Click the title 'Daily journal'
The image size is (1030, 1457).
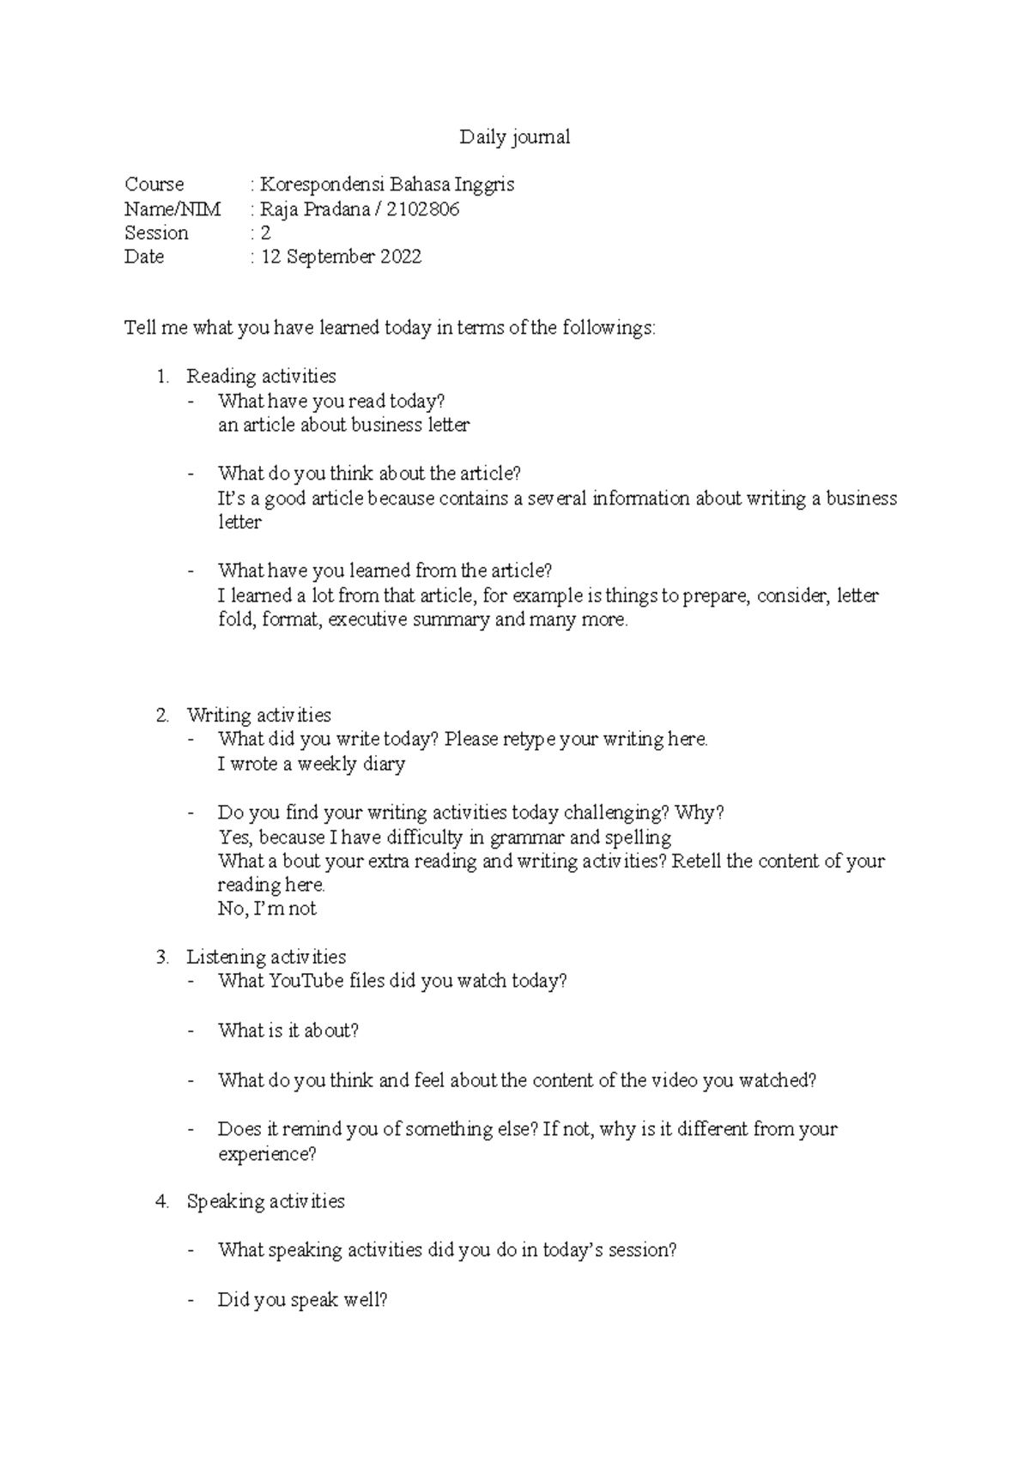pyautogui.click(x=514, y=137)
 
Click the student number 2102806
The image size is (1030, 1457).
pyautogui.click(x=423, y=209)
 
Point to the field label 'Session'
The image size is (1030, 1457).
pyautogui.click(x=156, y=233)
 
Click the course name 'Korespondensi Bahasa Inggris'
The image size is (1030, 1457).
pyautogui.click(x=387, y=184)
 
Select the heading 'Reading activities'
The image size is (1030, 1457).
pyautogui.click(x=261, y=377)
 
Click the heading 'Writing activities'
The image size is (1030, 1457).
pyautogui.click(x=258, y=716)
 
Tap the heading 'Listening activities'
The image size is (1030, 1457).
pyautogui.click(x=266, y=958)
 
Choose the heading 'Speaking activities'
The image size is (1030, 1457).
pyautogui.click(x=265, y=1202)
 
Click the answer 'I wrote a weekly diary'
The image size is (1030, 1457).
pyautogui.click(x=311, y=765)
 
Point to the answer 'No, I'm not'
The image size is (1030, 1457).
pyautogui.click(x=267, y=910)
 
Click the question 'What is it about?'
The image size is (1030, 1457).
pyautogui.click(x=288, y=1031)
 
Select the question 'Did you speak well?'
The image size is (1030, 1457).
pyautogui.click(x=302, y=1301)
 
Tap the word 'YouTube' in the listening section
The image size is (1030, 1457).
pyautogui.click(x=306, y=982)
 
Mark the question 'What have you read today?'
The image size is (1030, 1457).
pyautogui.click(x=331, y=402)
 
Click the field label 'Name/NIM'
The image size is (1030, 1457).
pyautogui.click(x=173, y=209)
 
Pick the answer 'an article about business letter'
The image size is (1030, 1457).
pyautogui.click(x=343, y=426)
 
